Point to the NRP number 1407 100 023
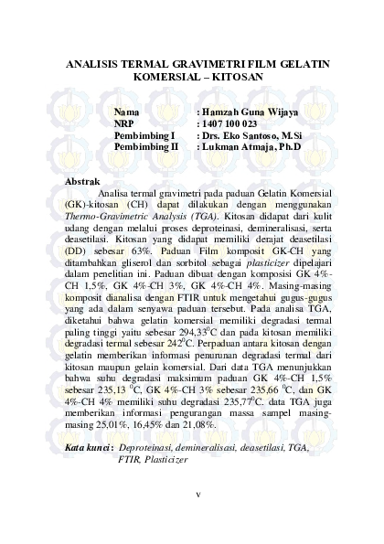[230, 123]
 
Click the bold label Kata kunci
[89, 473]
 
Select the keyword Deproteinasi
[152, 473]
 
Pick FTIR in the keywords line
[131, 485]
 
